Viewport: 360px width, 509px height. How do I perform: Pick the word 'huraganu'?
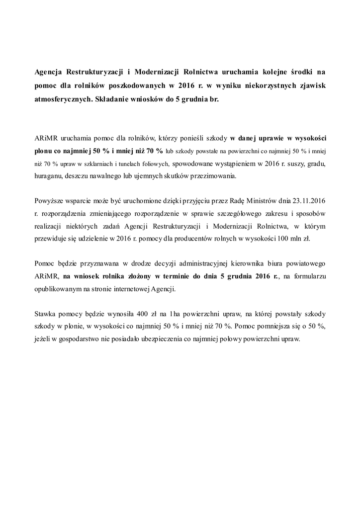coord(51,176)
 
